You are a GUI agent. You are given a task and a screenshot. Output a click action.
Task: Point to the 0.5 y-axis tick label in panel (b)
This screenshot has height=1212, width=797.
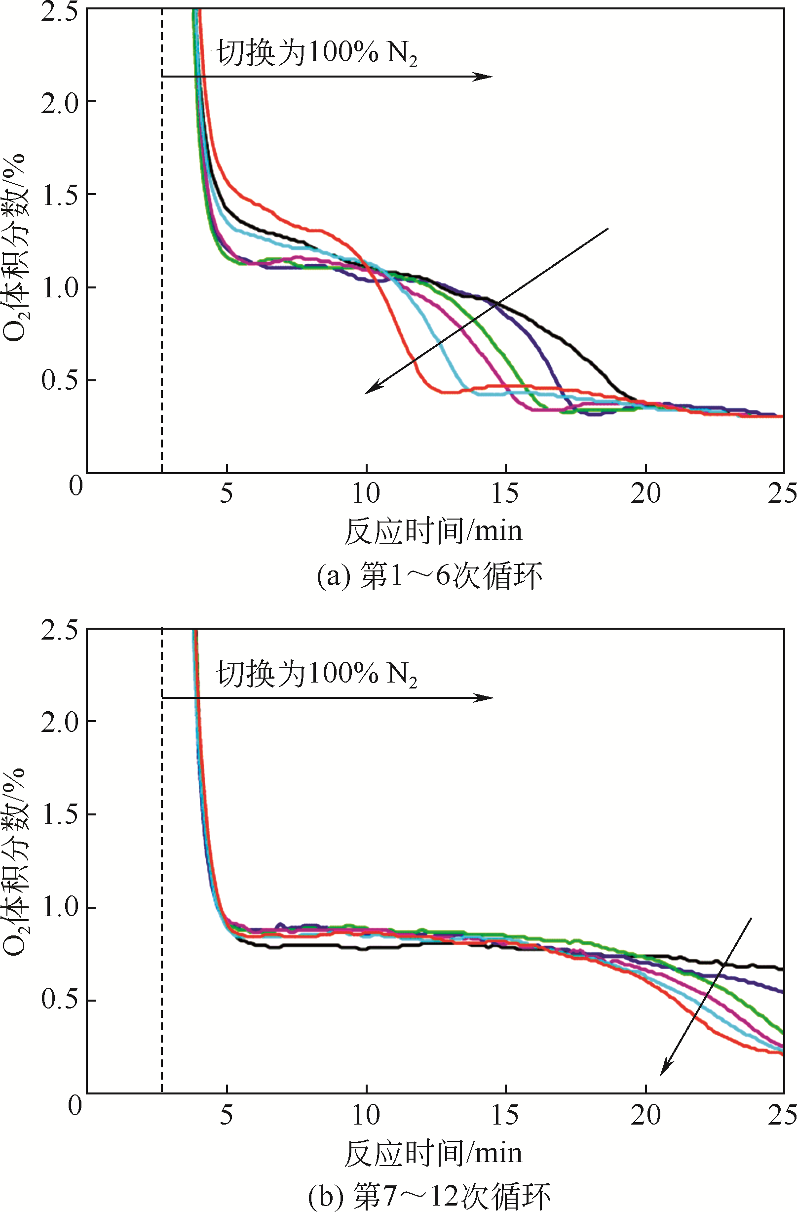pos(60,999)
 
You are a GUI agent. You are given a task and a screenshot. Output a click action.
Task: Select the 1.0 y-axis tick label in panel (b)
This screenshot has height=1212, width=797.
pos(60,906)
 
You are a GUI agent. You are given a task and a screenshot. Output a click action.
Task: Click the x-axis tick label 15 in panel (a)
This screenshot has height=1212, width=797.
pos(505,493)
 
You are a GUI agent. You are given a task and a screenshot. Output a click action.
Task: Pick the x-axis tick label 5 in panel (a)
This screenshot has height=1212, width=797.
pos(227,493)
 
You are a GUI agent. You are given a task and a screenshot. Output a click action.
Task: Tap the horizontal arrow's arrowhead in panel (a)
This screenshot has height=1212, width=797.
pos(486,77)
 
